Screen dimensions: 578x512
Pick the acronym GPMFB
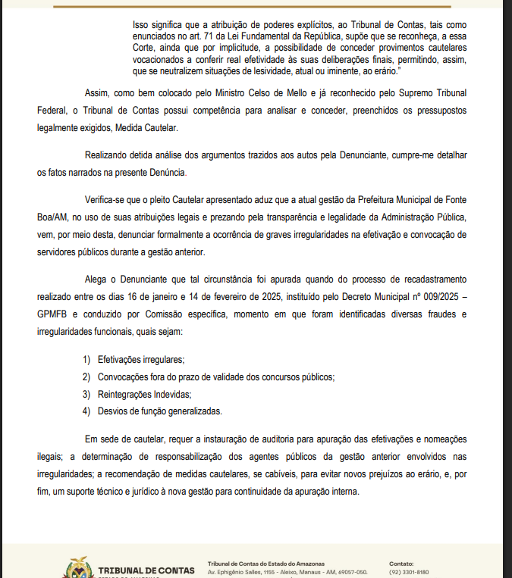pyautogui.click(x=53, y=314)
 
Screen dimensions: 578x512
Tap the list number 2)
pyautogui.click(x=87, y=376)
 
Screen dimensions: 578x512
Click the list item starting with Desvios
pyautogui.click(x=159, y=411)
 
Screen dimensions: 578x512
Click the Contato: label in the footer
pyautogui.click(x=401, y=564)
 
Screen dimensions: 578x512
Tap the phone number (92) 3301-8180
pyautogui.click(x=409, y=573)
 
